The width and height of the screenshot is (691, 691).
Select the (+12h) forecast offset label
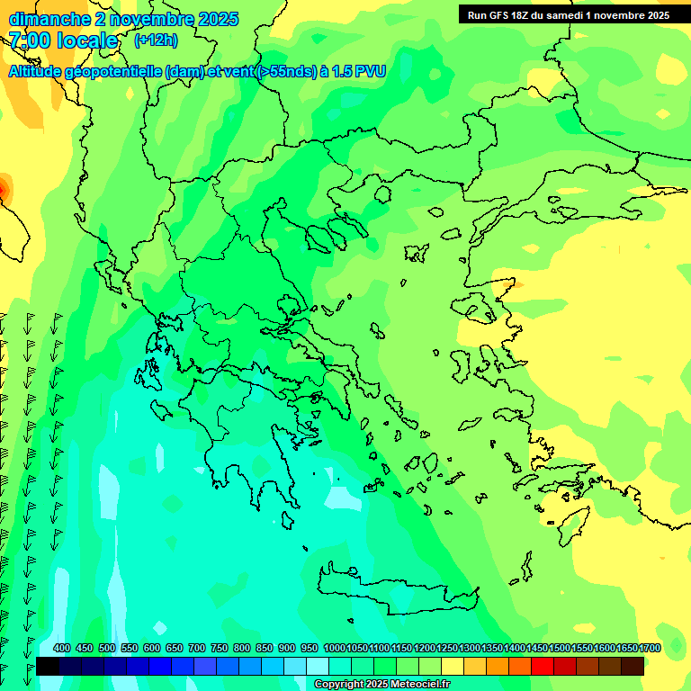coord(156,40)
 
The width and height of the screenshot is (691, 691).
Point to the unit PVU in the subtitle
coord(370,72)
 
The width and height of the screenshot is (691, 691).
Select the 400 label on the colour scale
coord(62,649)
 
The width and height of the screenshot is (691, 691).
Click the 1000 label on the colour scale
coord(335,649)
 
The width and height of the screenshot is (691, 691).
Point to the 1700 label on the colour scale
coord(650,649)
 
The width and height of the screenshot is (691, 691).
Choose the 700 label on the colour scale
coord(197,649)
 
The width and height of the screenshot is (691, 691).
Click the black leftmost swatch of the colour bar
coord(48,667)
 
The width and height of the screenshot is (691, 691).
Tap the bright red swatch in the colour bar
coord(543,667)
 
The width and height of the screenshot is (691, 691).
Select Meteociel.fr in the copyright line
coord(417,685)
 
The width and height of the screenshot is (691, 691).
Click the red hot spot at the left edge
coord(2,189)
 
